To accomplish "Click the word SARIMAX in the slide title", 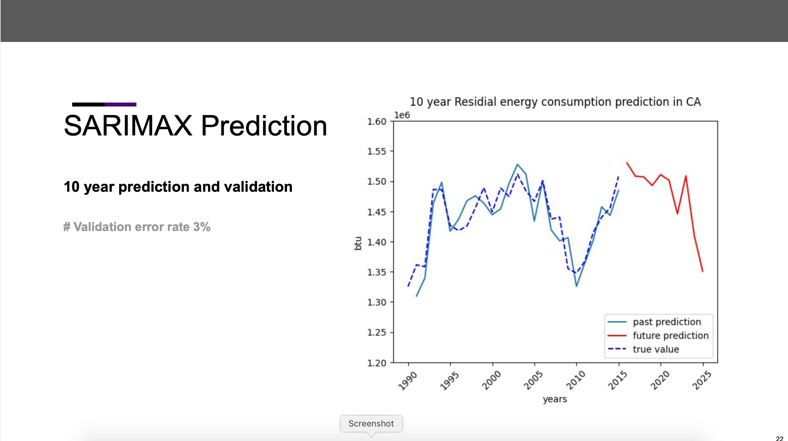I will (x=128, y=126).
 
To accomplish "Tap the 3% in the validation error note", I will (x=202, y=227).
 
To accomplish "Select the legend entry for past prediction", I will (x=666, y=322).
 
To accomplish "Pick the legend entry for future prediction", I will (x=670, y=336).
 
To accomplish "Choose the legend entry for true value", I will (x=656, y=349).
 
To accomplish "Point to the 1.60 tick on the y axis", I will (x=377, y=122).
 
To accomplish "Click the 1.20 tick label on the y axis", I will (x=377, y=363).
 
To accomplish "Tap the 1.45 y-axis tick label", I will (x=377, y=212).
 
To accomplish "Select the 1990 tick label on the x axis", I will (x=408, y=381).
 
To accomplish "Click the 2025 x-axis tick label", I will (x=702, y=381).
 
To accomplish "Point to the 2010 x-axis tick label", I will (x=575, y=381).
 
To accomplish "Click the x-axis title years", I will (x=555, y=399).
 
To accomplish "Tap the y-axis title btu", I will (x=358, y=243).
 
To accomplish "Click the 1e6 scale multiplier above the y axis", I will (x=402, y=115).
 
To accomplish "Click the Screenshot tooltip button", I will (x=371, y=423).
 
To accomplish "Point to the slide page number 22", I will (x=779, y=438).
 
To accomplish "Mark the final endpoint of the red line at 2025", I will (x=703, y=272).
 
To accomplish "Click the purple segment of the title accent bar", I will (x=120, y=105).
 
